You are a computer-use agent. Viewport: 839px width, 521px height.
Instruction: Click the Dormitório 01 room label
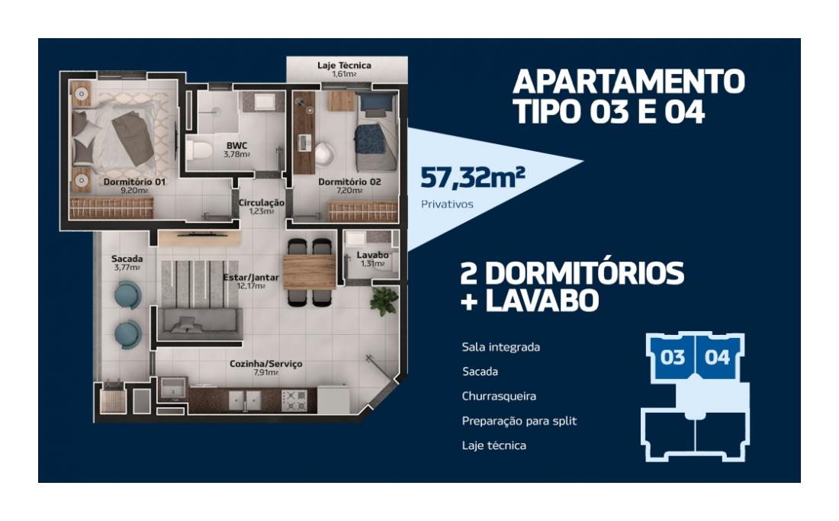click(134, 182)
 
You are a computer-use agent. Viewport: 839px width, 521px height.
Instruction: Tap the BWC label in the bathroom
click(236, 146)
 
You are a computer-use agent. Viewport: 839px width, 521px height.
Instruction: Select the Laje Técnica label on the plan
click(344, 66)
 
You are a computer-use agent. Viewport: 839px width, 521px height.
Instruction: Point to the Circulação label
click(261, 203)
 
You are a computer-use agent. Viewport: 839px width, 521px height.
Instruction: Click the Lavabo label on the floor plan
click(372, 255)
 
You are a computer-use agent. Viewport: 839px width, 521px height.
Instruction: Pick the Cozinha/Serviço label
click(266, 364)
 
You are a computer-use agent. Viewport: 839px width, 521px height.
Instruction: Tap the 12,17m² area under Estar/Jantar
click(251, 285)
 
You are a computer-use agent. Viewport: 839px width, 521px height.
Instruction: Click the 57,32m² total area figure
click(472, 178)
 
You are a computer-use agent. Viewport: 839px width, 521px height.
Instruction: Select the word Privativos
click(447, 204)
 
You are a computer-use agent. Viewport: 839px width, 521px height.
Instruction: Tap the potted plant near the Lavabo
click(384, 301)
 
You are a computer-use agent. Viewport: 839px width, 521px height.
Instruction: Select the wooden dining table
click(309, 272)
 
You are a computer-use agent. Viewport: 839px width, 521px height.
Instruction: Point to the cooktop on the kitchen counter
click(294, 400)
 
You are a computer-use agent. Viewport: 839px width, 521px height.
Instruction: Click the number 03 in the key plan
click(672, 357)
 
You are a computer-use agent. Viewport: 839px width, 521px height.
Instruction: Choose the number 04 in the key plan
click(717, 357)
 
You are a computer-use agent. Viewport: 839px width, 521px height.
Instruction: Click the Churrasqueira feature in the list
click(499, 397)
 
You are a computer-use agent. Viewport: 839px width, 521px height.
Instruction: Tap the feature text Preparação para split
click(519, 421)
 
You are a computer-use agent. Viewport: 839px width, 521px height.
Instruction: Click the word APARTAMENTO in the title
click(628, 82)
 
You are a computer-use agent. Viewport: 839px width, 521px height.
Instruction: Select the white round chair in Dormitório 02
click(325, 154)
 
